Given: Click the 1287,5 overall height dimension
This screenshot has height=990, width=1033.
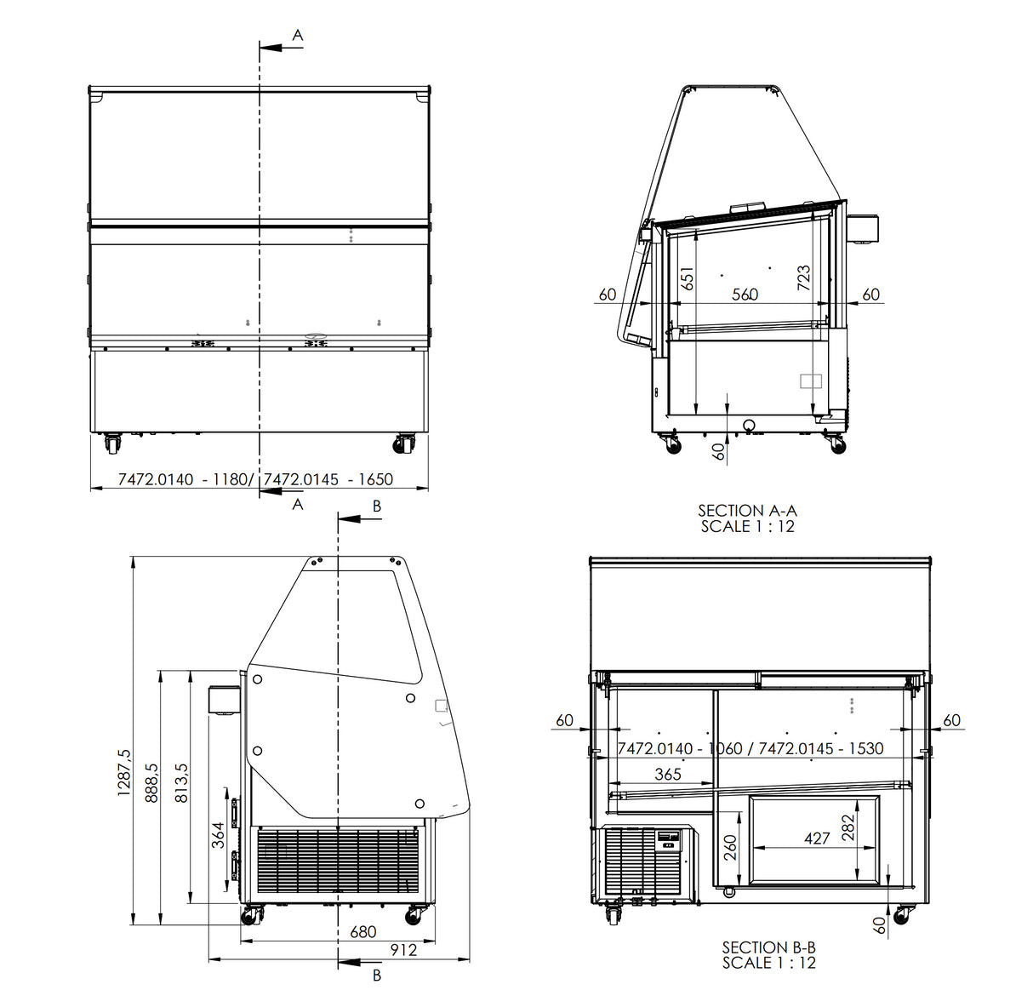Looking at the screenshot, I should coord(125,772).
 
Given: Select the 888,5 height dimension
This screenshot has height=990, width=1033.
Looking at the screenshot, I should coord(152,782).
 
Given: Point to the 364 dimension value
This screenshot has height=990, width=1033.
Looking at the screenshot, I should coord(218,835).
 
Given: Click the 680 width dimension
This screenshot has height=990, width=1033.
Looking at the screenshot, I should coord(363,931).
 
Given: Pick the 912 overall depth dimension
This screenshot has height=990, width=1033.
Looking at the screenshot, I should coord(403,950).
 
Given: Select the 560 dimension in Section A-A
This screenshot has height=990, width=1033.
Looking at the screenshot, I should coord(745,295).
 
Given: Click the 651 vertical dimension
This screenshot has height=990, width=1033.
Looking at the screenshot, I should coord(688,277).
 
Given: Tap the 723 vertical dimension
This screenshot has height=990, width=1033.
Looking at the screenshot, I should coord(804,278).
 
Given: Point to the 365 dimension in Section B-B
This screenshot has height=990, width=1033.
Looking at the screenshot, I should coord(668,774).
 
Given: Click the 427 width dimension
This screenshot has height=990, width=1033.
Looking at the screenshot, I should coord(817,838).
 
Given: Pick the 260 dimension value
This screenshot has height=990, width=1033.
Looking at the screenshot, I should coord(730,847).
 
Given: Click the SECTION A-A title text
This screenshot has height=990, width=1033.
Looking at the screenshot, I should coord(747,511).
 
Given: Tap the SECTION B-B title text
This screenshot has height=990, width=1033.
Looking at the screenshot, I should coord(768,947).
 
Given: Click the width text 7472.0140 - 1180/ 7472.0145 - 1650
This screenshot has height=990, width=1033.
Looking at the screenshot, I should coord(255,479).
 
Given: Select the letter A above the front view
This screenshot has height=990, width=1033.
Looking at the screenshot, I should coord(298,35).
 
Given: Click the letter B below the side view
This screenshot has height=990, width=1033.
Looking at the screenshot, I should coord(377,976).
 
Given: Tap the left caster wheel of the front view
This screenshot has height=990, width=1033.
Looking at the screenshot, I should coord(112,443).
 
